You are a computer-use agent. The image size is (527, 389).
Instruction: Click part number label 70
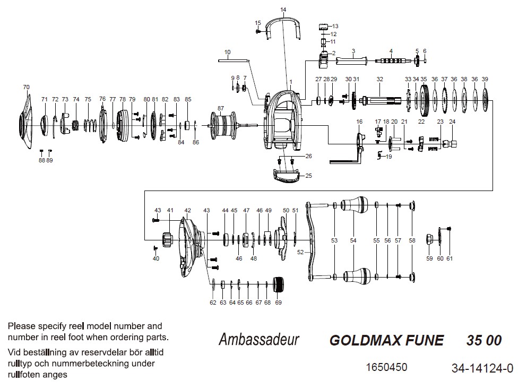coord(26,87)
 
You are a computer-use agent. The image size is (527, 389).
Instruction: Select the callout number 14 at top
coord(283,10)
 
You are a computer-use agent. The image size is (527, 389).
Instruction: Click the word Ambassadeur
coord(259,340)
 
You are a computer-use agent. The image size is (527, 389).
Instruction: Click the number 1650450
coord(387,367)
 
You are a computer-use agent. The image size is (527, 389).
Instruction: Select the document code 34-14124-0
coord(482,368)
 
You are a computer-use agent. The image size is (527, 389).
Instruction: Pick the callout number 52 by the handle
coord(300,253)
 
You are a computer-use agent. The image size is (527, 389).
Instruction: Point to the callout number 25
coord(309,175)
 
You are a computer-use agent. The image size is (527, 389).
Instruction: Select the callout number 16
coord(359,122)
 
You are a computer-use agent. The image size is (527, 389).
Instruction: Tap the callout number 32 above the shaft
coord(379,79)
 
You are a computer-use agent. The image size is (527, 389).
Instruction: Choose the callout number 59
coord(429,258)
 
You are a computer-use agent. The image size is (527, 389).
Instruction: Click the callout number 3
coord(353,51)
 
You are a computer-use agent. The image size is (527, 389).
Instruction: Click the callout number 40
coord(155,258)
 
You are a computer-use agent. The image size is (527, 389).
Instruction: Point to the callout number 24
coord(452,122)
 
